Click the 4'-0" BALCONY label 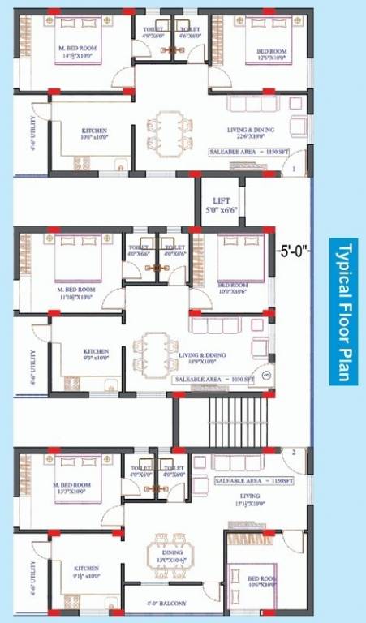click(x=166, y=604)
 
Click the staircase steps click(x=235, y=421)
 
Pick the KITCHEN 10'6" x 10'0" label click(x=94, y=134)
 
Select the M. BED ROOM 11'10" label click(x=76, y=293)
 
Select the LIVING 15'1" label click(x=249, y=499)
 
